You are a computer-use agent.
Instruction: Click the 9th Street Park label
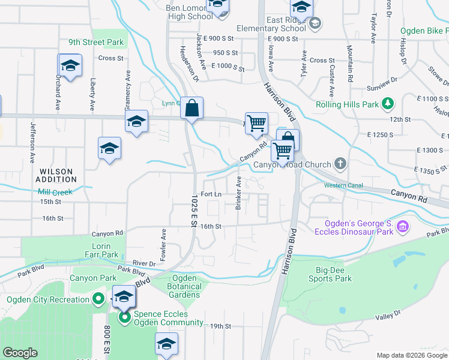(95, 43)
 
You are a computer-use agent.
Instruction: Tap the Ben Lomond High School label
(190, 12)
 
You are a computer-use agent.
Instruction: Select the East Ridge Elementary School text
(271, 24)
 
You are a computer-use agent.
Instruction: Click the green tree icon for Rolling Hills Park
(388, 104)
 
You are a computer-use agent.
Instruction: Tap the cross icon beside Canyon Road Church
(340, 164)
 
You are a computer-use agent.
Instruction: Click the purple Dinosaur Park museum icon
(403, 227)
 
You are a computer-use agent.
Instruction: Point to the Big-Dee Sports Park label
(330, 274)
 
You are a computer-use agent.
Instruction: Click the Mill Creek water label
(55, 192)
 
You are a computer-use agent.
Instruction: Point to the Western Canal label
(343, 185)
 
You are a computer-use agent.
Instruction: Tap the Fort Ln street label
(211, 194)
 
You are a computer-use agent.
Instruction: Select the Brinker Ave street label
(238, 193)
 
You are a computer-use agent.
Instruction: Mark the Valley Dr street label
(388, 316)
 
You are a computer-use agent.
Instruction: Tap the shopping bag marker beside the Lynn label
(191, 109)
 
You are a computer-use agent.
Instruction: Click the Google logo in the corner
(20, 353)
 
